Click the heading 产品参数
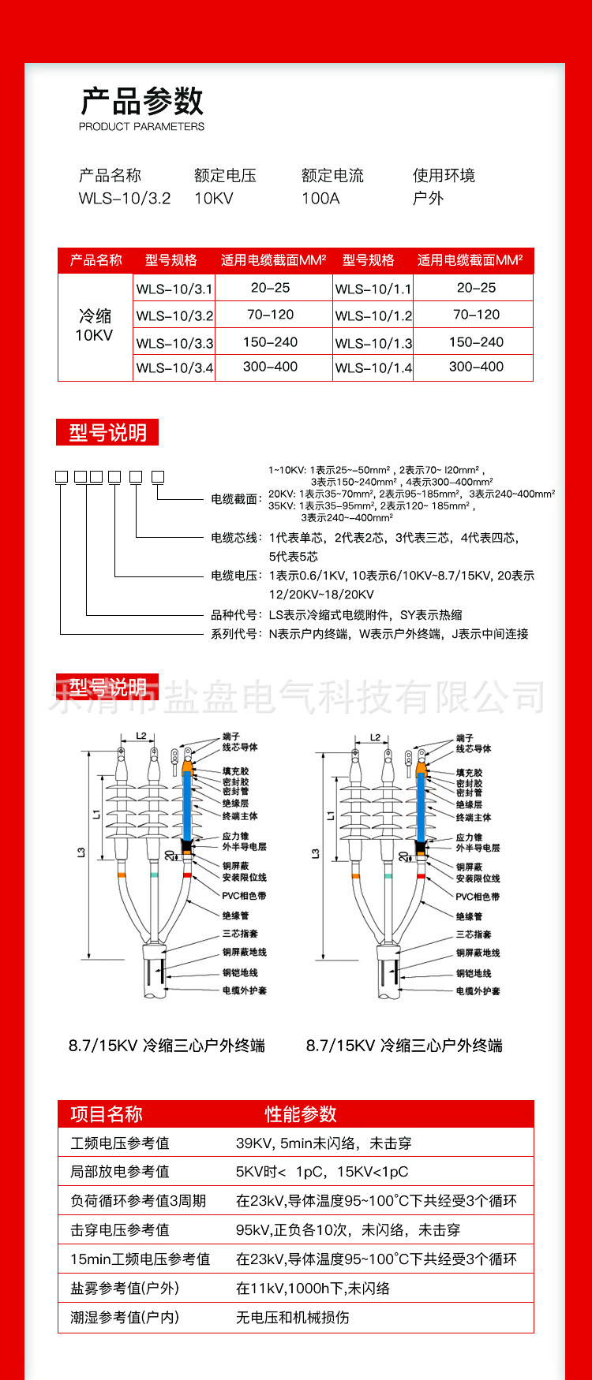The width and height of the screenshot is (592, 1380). click(x=142, y=101)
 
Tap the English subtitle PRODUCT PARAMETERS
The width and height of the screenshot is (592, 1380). click(x=141, y=126)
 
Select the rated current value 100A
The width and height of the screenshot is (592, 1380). click(x=320, y=198)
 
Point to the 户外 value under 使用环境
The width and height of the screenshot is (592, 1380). click(x=428, y=198)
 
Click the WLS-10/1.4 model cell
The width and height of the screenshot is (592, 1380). click(x=373, y=367)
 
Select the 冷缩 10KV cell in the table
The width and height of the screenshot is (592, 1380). click(x=95, y=326)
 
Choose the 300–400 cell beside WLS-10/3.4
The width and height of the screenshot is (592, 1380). click(x=271, y=367)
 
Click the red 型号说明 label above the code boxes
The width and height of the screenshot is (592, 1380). click(x=107, y=432)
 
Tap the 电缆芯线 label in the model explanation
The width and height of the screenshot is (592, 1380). click(x=235, y=538)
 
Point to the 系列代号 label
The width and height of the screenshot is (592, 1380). click(x=235, y=634)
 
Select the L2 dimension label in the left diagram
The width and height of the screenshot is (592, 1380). click(x=141, y=737)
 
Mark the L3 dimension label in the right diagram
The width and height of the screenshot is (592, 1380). click(x=315, y=853)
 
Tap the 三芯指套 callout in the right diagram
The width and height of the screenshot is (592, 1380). click(x=474, y=934)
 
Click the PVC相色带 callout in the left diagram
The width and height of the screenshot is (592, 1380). click(x=244, y=896)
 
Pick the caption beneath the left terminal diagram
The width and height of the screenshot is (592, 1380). click(x=167, y=1046)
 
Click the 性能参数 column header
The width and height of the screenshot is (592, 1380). click(x=301, y=1114)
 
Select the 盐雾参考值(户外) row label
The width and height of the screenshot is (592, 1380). click(x=125, y=1289)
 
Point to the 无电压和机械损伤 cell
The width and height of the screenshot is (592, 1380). click(x=292, y=1318)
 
